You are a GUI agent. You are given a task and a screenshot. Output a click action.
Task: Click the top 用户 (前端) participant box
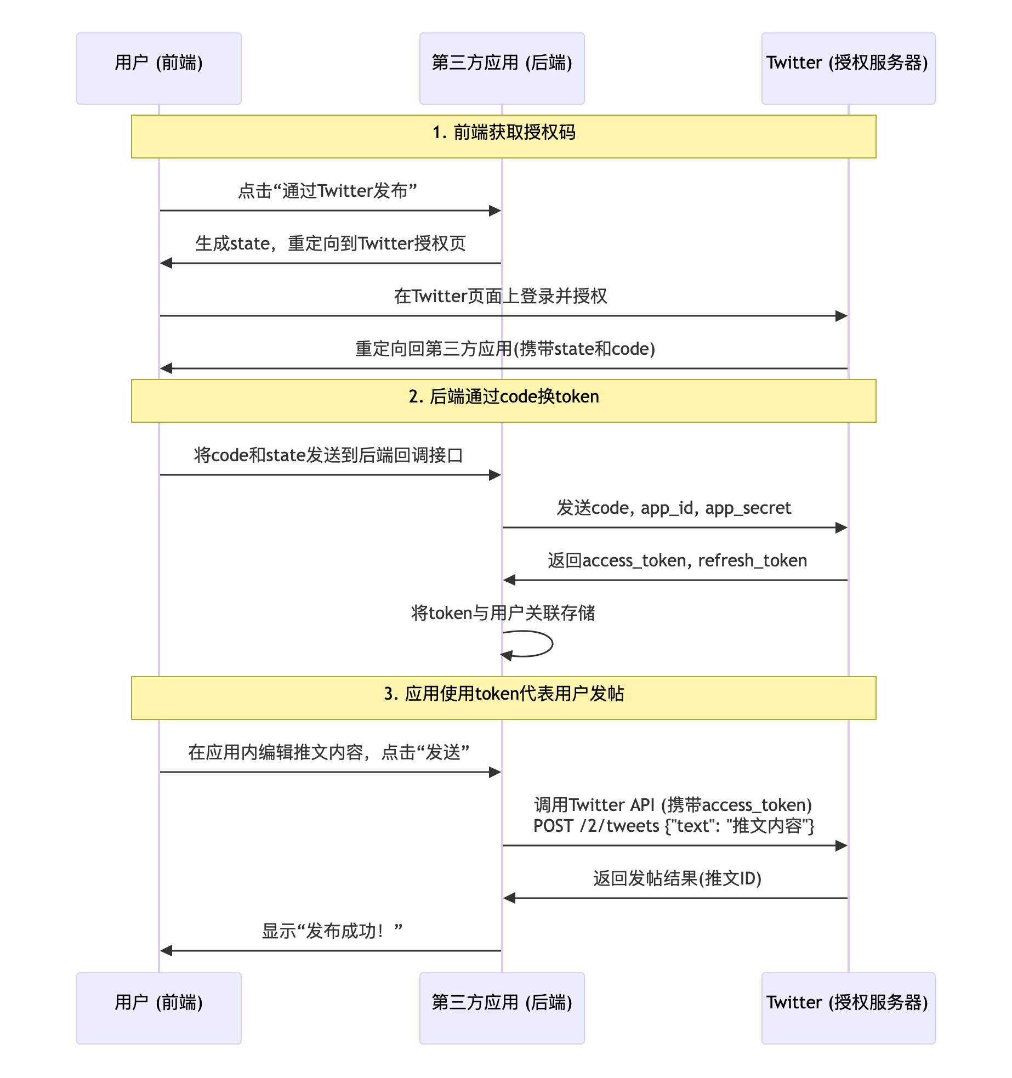(x=158, y=68)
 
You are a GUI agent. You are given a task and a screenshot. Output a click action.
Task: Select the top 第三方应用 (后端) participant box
(x=502, y=68)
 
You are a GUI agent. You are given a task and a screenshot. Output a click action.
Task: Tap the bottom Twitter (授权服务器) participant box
(x=848, y=1008)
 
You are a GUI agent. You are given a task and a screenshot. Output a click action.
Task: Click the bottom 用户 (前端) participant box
(x=158, y=1008)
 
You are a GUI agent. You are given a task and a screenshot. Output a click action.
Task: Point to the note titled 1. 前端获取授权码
(x=503, y=136)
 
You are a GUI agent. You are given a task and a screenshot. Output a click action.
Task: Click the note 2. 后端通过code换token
(x=503, y=400)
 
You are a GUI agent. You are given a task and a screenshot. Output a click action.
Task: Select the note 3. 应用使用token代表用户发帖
(x=503, y=697)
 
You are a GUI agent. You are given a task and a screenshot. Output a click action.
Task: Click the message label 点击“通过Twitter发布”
(x=328, y=191)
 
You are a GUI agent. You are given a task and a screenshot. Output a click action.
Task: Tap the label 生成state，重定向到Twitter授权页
(x=331, y=243)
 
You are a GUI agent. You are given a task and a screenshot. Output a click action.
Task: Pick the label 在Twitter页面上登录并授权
(x=501, y=296)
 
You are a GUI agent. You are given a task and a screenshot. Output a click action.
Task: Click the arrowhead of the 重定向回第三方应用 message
(x=166, y=368)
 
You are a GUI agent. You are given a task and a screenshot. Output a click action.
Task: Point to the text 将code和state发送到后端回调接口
(x=328, y=455)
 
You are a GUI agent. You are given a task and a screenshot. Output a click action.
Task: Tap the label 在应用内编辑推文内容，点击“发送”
(x=328, y=752)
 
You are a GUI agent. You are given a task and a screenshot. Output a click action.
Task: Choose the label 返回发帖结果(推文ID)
(x=677, y=878)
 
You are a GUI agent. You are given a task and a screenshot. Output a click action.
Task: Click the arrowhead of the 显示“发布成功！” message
(x=166, y=951)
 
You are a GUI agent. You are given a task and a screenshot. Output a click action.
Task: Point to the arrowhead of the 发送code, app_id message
(x=842, y=527)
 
